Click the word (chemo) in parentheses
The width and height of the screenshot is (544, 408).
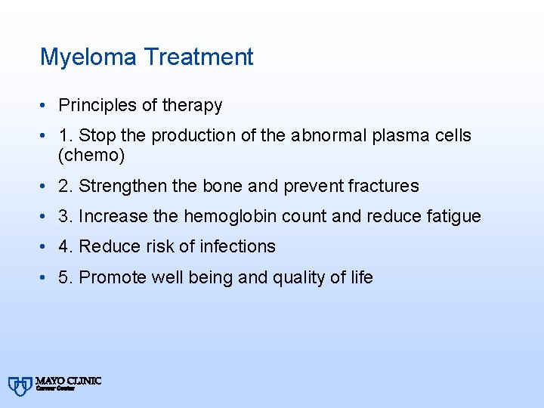pyautogui.click(x=91, y=156)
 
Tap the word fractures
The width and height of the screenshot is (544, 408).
pyautogui.click(x=384, y=186)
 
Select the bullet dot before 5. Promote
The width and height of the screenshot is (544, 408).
pyautogui.click(x=46, y=278)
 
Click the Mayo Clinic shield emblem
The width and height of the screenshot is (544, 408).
pyautogui.click(x=21, y=385)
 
